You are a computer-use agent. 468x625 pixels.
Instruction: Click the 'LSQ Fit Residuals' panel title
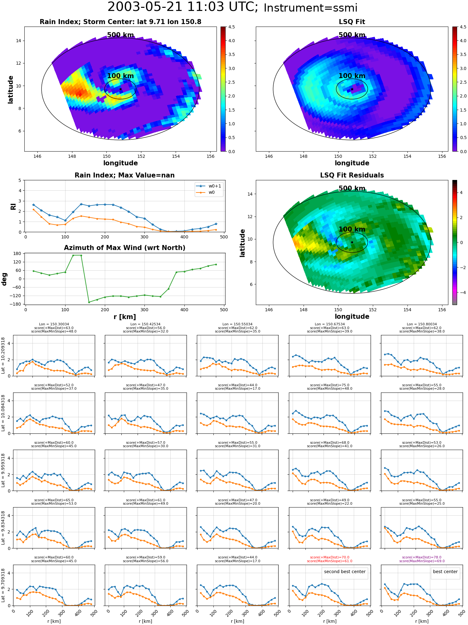[x=352, y=175]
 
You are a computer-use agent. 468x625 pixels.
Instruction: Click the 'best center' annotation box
[x=445, y=572]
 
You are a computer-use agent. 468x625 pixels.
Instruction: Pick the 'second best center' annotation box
[x=345, y=572]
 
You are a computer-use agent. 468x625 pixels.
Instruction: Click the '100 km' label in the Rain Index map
[x=120, y=76]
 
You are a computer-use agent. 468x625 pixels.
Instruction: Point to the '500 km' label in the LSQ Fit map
[x=352, y=35]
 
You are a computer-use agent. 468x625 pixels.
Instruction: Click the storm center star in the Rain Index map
[x=120, y=89]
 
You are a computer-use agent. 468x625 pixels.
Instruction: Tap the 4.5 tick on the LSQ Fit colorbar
[x=463, y=27]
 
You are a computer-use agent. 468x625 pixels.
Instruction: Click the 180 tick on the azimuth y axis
[x=17, y=253]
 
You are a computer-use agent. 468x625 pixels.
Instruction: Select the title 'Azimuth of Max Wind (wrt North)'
[x=124, y=248]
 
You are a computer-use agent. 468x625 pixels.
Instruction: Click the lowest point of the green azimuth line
[x=89, y=302]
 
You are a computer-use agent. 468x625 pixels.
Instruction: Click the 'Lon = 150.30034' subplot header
[x=54, y=324]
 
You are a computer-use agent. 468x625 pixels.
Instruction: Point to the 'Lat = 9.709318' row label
[x=3, y=585]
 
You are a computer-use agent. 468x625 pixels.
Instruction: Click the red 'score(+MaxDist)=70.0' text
[x=329, y=557]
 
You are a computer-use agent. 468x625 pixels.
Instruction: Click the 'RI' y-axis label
[x=13, y=207]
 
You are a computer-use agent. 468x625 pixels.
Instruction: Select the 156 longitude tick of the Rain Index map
[x=211, y=157]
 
